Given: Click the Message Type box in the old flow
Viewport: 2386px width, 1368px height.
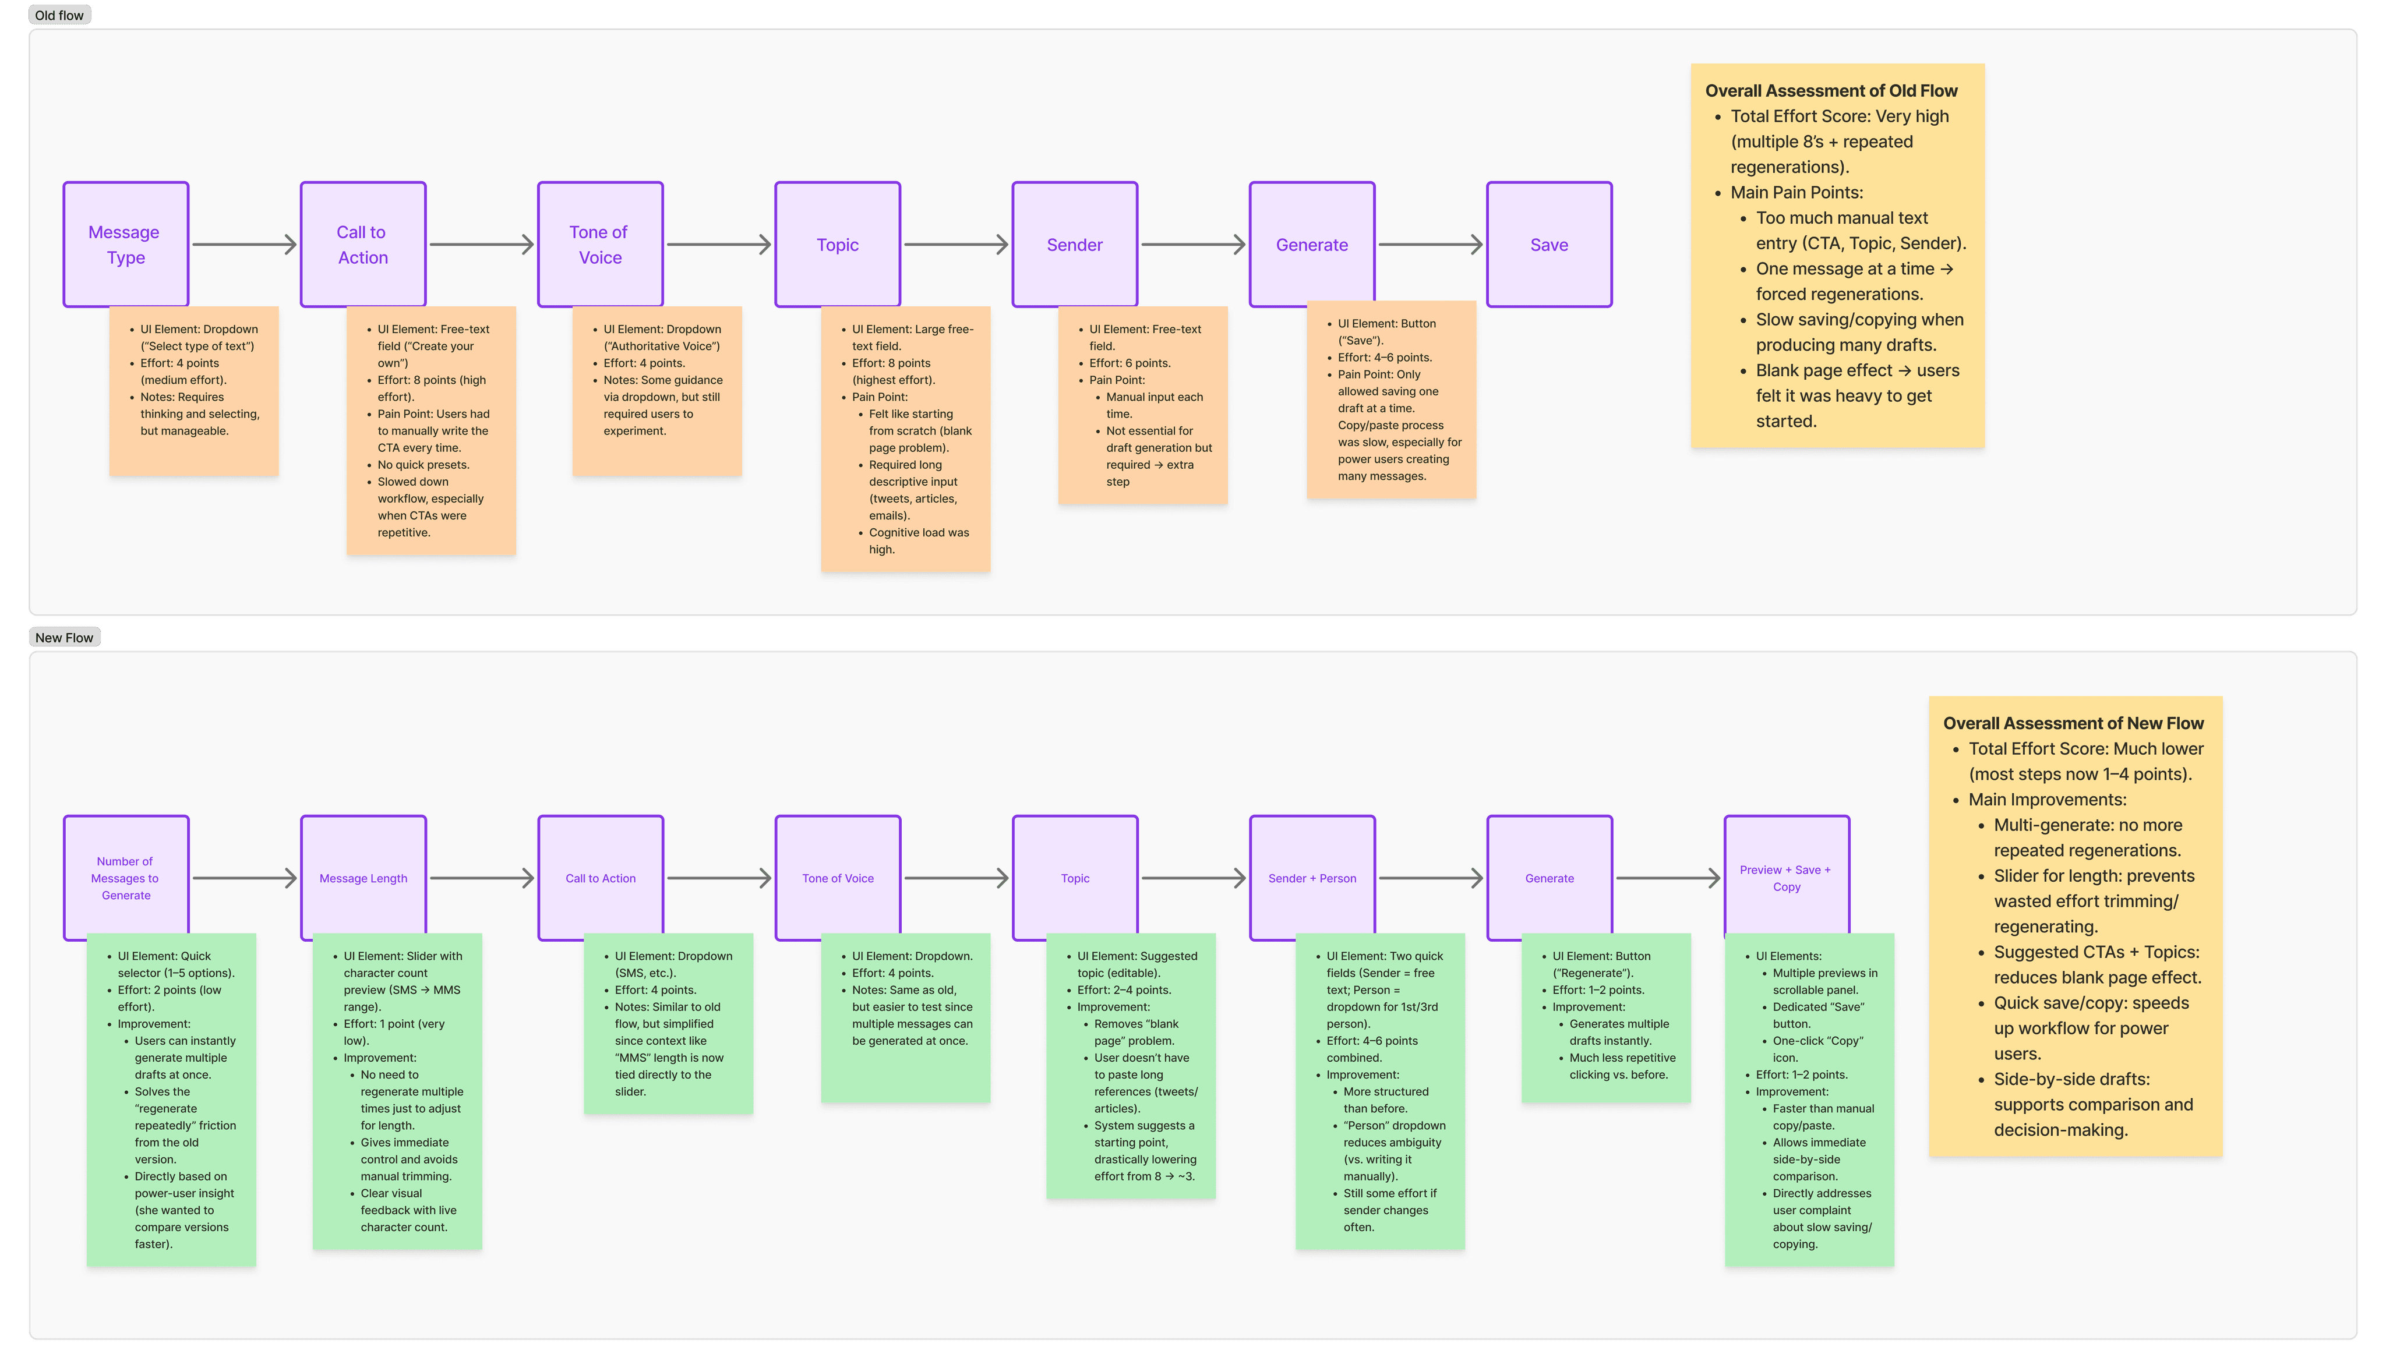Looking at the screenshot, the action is (x=126, y=244).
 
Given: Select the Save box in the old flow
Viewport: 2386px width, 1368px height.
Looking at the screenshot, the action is (x=1549, y=244).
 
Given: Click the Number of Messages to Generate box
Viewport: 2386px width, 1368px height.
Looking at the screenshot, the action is (x=126, y=878).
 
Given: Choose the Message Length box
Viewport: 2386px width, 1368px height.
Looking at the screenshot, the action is (x=363, y=878).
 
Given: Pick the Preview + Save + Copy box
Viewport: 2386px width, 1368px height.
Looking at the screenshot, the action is (x=1787, y=878).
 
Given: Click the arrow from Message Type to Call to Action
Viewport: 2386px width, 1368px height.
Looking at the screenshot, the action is (x=244, y=244).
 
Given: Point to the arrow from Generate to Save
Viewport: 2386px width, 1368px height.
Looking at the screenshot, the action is (x=1430, y=244).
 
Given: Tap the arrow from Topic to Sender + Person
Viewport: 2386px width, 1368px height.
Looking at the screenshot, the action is (x=1194, y=878).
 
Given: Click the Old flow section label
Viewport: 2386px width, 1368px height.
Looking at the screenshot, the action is (x=59, y=15).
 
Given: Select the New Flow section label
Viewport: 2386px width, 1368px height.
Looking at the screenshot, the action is (x=64, y=637).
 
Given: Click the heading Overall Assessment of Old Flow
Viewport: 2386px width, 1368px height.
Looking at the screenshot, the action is (x=1831, y=90).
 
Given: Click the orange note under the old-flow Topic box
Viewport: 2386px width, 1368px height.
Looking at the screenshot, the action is (x=905, y=439).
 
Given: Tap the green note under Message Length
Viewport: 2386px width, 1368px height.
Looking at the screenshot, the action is (x=397, y=1091).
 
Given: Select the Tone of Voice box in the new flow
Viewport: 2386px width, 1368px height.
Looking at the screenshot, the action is (x=837, y=878).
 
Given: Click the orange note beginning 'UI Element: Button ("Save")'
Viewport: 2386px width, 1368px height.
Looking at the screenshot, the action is (x=1391, y=400).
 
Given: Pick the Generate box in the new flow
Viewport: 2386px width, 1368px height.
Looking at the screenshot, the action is (x=1549, y=878).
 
